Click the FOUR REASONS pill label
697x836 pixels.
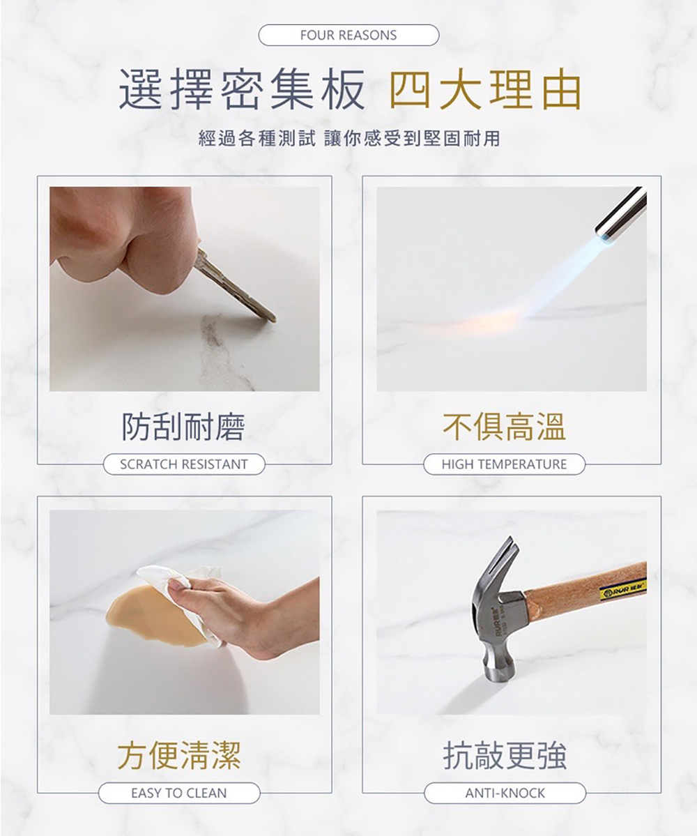tap(348, 35)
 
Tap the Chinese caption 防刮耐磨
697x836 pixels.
tap(183, 426)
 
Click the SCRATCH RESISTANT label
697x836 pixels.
tap(184, 464)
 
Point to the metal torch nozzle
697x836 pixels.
tap(620, 211)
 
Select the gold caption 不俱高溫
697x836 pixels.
tap(505, 426)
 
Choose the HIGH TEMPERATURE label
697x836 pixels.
tap(504, 464)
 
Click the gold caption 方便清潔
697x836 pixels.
tap(179, 754)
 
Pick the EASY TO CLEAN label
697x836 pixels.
tap(179, 793)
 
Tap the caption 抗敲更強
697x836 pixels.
tap(505, 754)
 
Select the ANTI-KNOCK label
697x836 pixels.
tap(505, 793)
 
